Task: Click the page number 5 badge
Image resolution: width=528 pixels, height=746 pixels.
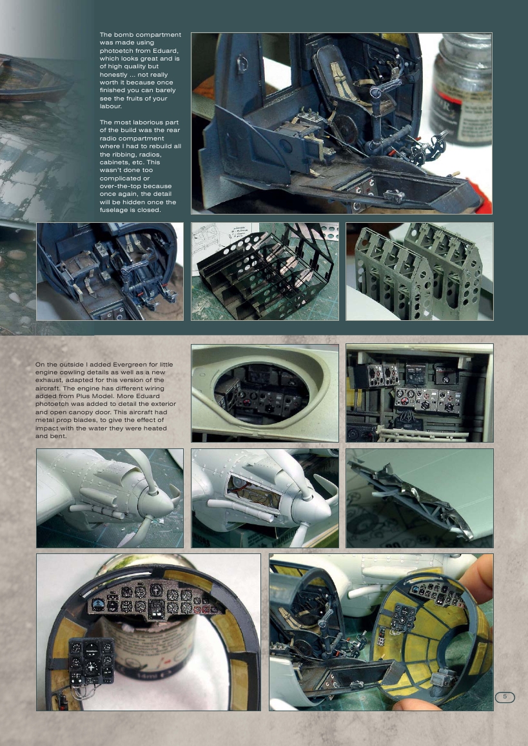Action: click(505, 696)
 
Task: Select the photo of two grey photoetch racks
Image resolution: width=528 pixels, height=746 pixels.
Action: click(419, 271)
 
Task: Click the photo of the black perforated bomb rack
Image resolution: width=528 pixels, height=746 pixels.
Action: click(264, 271)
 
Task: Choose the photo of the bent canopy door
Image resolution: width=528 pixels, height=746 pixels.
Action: click(419, 498)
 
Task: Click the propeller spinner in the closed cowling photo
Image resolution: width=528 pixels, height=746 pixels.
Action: click(155, 497)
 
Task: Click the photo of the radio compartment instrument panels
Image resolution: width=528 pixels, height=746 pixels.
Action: click(419, 393)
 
